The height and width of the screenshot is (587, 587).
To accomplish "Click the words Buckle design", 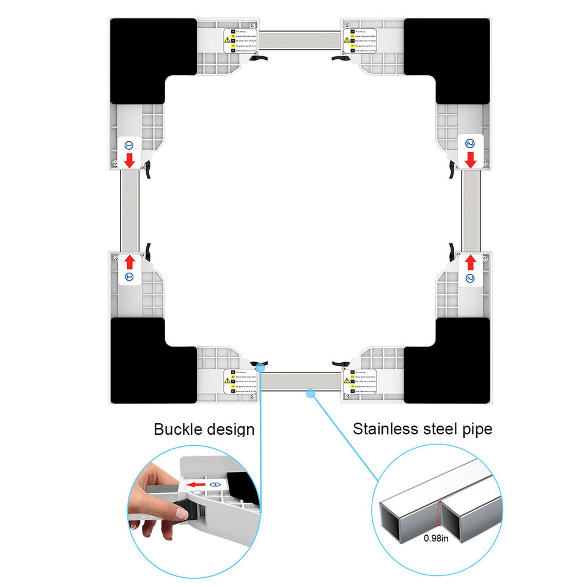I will [204, 429].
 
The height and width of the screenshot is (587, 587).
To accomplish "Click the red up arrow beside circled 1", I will [130, 262].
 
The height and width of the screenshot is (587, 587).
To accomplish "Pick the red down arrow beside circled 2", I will [470, 161].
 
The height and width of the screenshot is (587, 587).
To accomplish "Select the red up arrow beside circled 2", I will [470, 262].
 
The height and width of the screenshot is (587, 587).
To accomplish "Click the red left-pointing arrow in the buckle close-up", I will [196, 485].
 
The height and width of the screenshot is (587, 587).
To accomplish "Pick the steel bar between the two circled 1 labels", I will [130, 211].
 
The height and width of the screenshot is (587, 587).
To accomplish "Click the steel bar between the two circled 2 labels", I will [470, 211].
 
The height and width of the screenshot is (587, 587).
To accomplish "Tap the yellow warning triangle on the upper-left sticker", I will [227, 40].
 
